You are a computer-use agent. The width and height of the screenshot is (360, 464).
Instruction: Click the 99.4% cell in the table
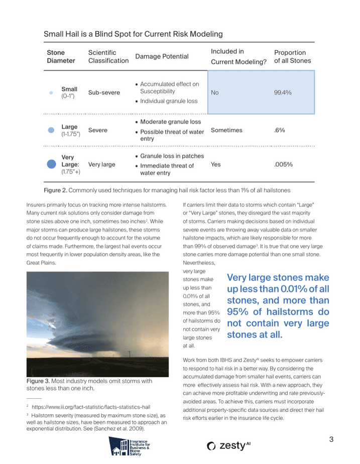click(283, 93)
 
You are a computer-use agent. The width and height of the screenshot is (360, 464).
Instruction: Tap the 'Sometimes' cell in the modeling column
click(226, 130)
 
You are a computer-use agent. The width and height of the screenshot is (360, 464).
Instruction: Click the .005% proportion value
click(283, 164)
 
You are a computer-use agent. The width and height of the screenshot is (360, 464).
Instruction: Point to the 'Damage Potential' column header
click(162, 56)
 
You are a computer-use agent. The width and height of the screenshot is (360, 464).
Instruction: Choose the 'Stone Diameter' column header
click(61, 56)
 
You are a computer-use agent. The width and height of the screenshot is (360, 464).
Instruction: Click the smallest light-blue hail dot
click(51, 93)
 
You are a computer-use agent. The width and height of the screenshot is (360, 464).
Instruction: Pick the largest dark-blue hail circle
click(51, 164)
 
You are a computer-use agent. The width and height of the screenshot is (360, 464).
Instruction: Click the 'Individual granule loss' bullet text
click(169, 101)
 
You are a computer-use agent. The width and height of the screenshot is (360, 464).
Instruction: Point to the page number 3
click(331, 440)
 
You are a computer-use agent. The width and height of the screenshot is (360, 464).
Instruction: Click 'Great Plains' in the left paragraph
click(41, 263)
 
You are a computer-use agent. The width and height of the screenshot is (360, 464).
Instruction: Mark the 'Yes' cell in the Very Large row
click(216, 164)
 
